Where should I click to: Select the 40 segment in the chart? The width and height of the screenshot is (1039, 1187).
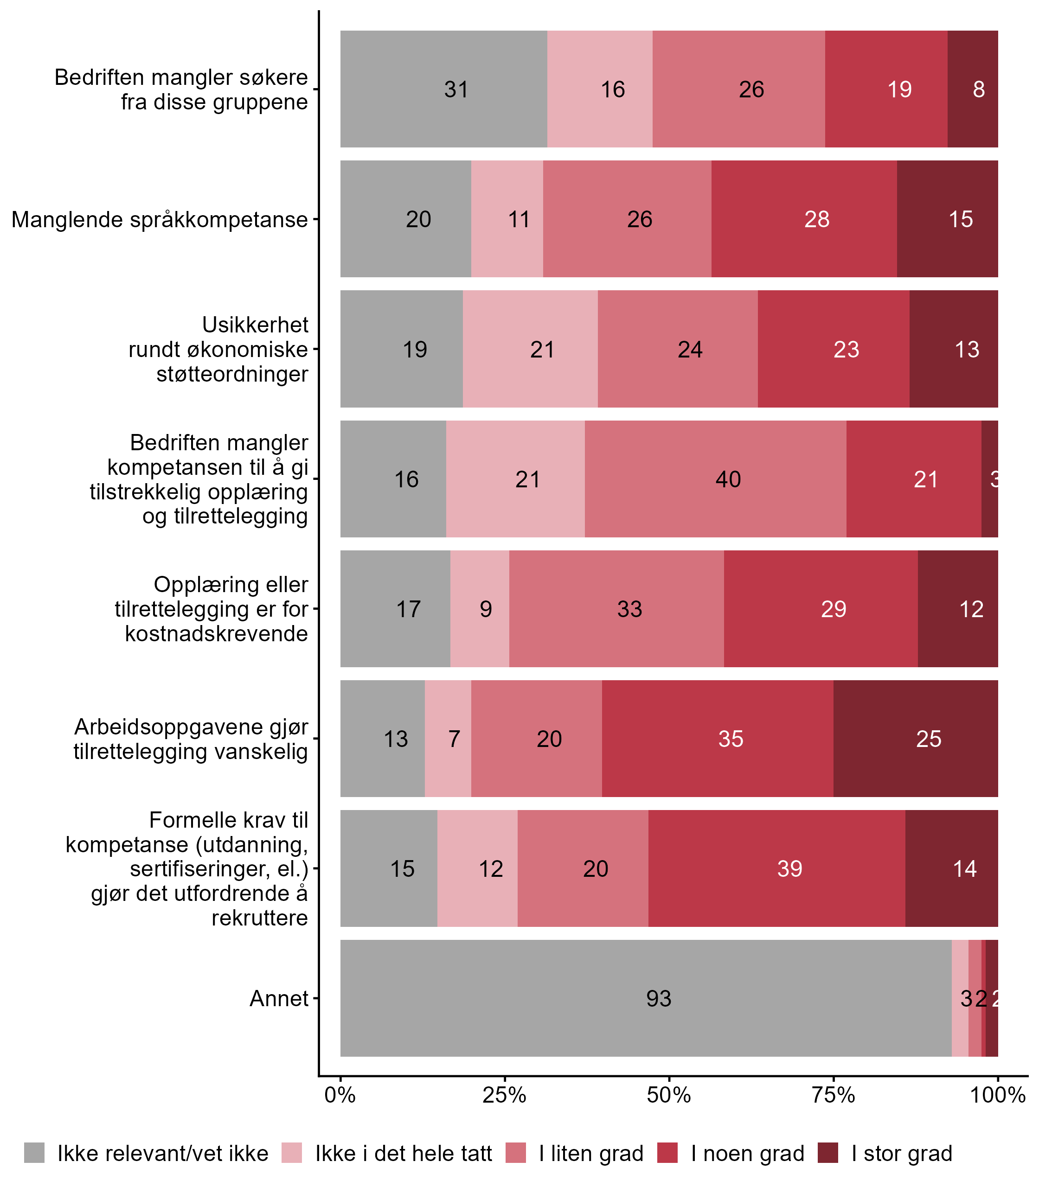(x=715, y=479)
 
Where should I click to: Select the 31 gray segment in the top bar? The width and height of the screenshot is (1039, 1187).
(x=443, y=89)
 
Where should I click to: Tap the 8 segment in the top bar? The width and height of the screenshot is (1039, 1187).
(x=972, y=89)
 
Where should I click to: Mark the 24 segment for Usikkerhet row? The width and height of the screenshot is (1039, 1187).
(x=677, y=350)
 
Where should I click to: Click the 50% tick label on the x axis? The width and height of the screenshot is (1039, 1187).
(x=669, y=1095)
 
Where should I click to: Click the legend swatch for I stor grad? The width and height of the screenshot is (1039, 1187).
(x=828, y=1154)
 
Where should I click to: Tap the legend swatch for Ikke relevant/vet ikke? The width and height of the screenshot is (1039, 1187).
(x=34, y=1154)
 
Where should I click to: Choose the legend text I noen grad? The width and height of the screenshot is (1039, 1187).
(x=747, y=1154)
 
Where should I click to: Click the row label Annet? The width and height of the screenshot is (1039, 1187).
(x=279, y=999)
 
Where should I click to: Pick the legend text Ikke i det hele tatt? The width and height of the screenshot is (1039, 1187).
(x=404, y=1154)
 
